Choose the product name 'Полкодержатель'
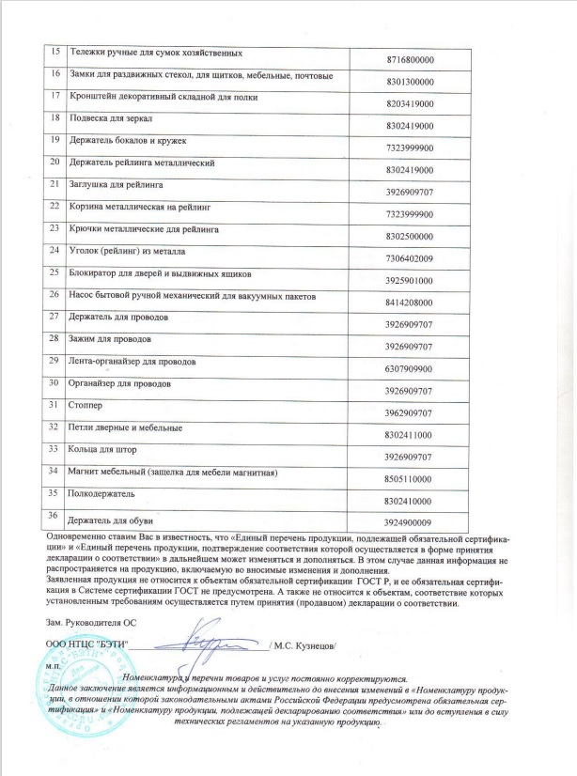click(x=103, y=491)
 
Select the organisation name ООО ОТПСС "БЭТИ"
click(x=86, y=644)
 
